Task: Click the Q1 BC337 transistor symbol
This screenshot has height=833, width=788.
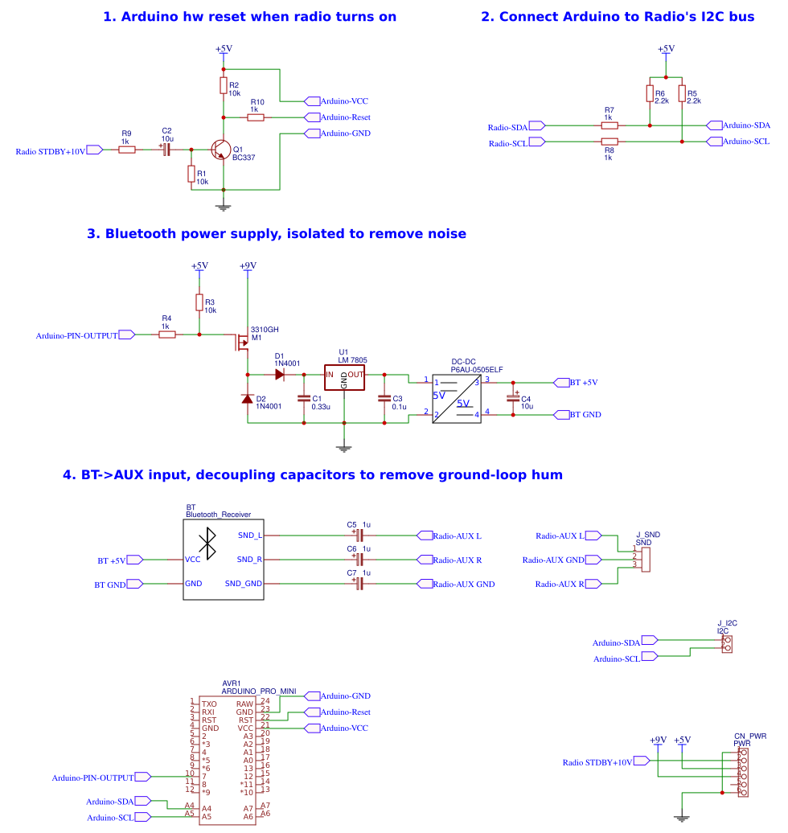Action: (x=220, y=150)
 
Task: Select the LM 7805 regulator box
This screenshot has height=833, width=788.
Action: (x=344, y=375)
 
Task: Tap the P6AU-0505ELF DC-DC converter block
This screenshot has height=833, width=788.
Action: (x=456, y=399)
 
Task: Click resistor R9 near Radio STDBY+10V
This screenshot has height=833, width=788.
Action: (x=126, y=150)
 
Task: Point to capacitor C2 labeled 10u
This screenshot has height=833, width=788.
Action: (x=166, y=150)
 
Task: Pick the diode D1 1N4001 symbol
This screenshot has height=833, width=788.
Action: (x=279, y=375)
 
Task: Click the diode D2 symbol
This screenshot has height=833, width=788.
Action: (x=248, y=399)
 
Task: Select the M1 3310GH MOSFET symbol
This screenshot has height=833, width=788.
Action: (x=241, y=343)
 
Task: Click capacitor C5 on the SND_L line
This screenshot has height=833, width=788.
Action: (x=359, y=535)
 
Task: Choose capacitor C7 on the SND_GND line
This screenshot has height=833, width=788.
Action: (x=359, y=584)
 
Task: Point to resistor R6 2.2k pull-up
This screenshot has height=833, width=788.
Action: (x=650, y=94)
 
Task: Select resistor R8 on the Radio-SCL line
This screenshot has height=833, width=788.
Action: (x=609, y=142)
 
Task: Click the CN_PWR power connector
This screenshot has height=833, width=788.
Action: (x=743, y=773)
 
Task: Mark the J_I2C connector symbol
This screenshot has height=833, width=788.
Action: (x=727, y=645)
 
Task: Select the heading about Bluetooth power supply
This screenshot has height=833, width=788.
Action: (x=276, y=234)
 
